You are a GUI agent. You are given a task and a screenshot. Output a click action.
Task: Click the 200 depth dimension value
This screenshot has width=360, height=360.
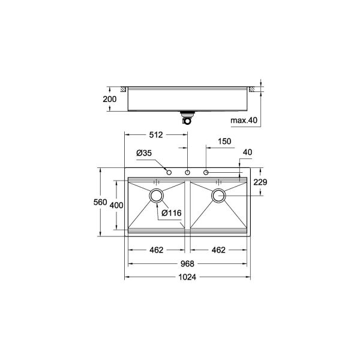[x=109, y=99]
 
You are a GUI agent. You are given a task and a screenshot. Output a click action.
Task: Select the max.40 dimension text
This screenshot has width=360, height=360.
[x=244, y=121]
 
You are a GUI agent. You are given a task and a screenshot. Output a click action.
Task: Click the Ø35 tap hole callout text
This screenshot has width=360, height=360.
[x=143, y=154]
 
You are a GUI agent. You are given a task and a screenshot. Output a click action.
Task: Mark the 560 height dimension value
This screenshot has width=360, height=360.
[x=100, y=202]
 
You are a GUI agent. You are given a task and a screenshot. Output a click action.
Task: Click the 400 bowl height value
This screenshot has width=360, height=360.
[x=117, y=205]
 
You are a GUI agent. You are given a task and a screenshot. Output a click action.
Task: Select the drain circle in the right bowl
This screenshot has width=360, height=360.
[x=218, y=194]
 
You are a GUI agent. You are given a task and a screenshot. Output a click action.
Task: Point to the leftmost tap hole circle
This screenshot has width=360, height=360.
[x=169, y=173]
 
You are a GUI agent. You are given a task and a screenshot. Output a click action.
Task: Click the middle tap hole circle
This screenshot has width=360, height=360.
[x=188, y=173]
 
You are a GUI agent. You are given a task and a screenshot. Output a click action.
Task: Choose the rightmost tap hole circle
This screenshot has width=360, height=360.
[x=206, y=173]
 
